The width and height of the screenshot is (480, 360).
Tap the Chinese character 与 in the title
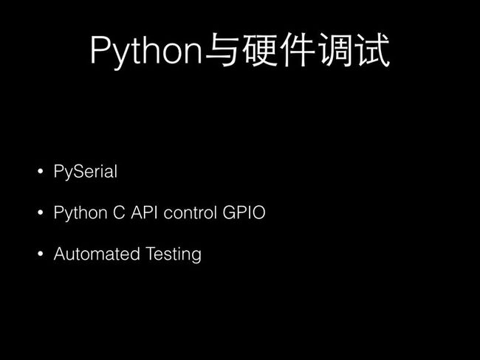tap(222, 50)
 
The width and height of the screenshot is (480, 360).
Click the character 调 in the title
tap(336, 50)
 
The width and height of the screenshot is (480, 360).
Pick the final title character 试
tap(372, 50)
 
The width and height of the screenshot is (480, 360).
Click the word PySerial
tap(86, 172)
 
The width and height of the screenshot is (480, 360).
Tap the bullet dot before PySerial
tap(41, 171)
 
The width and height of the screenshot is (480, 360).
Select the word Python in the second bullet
tap(80, 213)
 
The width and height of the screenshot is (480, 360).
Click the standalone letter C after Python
tap(119, 212)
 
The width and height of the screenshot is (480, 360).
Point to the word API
tap(144, 212)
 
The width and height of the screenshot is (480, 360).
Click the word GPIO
tap(244, 212)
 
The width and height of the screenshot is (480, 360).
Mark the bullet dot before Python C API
tap(41, 212)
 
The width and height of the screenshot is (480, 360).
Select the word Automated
tap(97, 254)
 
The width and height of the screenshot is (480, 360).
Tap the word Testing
tap(174, 255)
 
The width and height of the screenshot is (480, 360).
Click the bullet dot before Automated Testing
tap(41, 254)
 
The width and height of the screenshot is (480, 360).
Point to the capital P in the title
tap(100, 49)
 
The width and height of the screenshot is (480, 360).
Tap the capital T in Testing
tap(151, 254)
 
